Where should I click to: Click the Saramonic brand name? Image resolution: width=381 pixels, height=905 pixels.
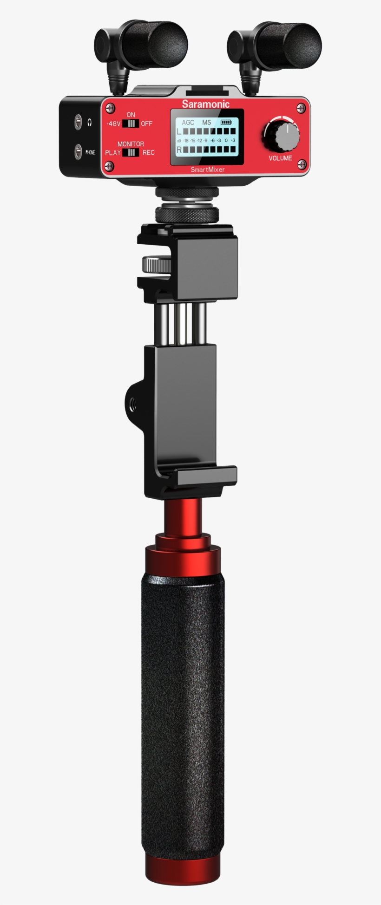point(205,104)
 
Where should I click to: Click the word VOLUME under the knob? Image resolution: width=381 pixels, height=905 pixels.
point(280,158)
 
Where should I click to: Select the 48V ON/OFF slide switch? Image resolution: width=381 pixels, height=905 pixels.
point(131,124)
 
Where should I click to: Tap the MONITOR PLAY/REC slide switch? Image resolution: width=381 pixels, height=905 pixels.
point(131,152)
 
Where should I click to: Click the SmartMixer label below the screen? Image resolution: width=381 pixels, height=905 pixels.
point(207,169)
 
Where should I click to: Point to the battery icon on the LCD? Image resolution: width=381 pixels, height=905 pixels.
point(225,123)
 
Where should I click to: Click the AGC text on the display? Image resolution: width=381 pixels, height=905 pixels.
point(188,123)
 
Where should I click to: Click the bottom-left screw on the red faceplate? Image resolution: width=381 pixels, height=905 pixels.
point(110,164)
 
